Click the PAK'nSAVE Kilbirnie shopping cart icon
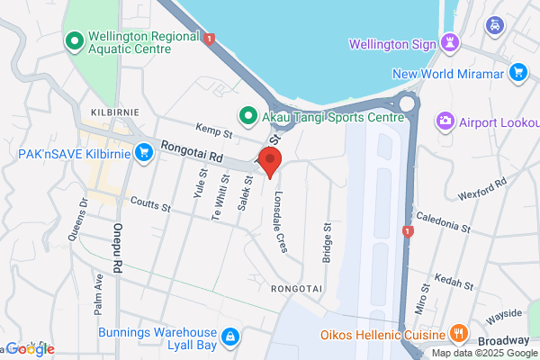(x=143, y=153)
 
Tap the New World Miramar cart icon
(x=517, y=72)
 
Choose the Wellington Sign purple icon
(x=451, y=42)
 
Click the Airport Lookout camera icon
(x=445, y=121)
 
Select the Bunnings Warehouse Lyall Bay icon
(x=230, y=336)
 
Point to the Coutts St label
(x=150, y=205)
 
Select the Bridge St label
(x=327, y=240)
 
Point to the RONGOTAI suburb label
(x=296, y=288)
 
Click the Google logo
(x=31, y=349)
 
